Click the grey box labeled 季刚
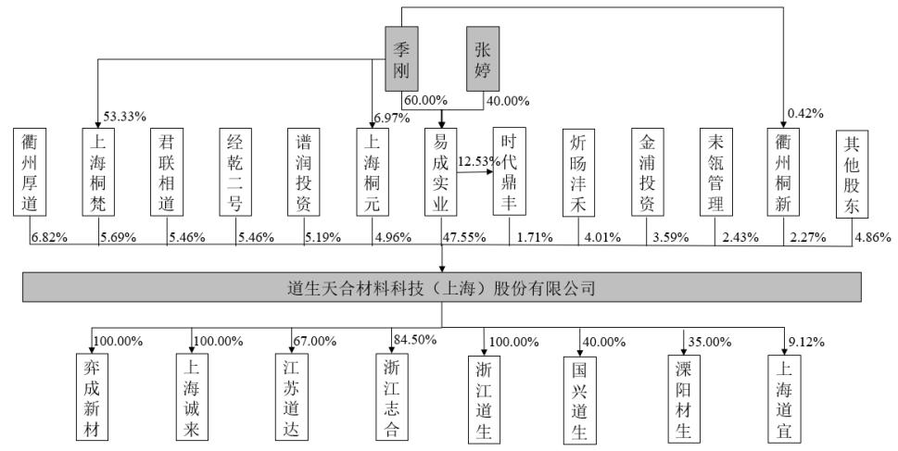point(401,59)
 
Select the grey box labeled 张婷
point(482,59)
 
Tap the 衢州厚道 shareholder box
point(30,172)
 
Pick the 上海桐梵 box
point(98,172)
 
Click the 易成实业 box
point(441,172)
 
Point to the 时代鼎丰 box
point(509,171)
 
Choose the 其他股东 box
point(853,174)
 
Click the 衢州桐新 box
point(783,172)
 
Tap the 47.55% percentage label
point(464,237)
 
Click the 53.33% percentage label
point(125,117)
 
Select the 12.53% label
point(478,161)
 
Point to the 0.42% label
point(806,114)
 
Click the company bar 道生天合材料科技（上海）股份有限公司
point(441,287)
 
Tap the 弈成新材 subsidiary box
point(92,397)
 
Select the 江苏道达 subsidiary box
point(291,397)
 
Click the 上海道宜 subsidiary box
point(784,399)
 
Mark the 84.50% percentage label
point(415,339)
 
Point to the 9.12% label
point(806,343)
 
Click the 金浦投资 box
point(648,172)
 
